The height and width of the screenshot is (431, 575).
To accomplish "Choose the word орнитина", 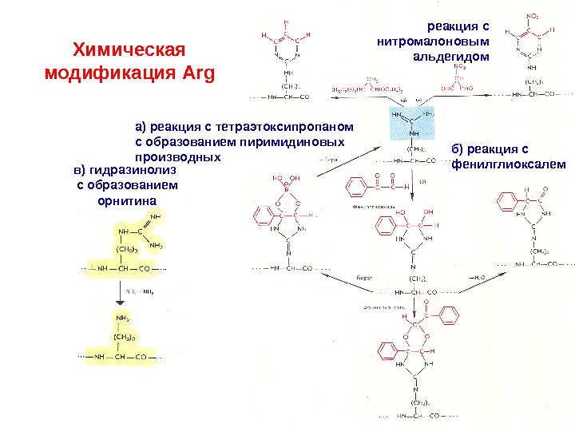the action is pos(125,200).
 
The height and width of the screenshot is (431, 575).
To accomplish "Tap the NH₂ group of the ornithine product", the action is pos(122,318).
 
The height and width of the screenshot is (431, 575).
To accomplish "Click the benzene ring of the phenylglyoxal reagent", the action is pos(356,188).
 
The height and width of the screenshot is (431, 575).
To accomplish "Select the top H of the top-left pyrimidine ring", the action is pos(286,23).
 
